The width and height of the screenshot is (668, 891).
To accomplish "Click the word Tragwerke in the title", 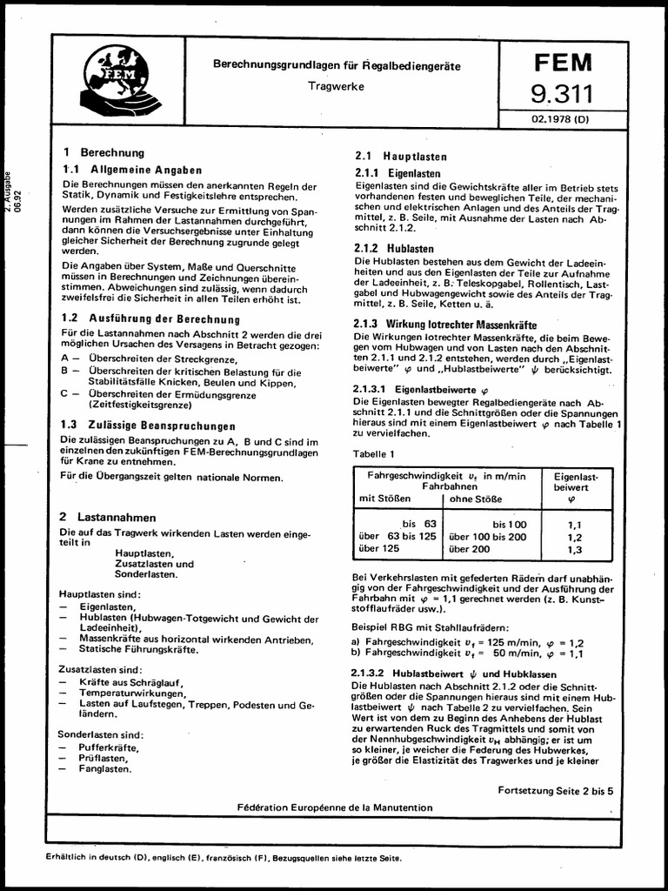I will click(x=336, y=86).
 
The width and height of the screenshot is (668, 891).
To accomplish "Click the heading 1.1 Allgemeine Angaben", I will click(x=132, y=171).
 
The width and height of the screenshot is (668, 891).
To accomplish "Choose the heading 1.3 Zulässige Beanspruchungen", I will click(x=148, y=426).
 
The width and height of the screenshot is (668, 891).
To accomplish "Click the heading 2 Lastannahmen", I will click(x=108, y=517).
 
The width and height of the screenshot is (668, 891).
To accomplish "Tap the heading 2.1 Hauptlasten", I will click(x=401, y=157).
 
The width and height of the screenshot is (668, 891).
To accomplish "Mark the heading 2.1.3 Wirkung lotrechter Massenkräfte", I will click(x=445, y=324).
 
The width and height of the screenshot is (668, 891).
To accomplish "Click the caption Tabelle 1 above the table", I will click(x=373, y=454).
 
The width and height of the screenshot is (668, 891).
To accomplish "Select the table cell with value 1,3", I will click(x=575, y=550).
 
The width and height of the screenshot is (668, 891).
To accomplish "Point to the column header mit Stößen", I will click(x=385, y=499).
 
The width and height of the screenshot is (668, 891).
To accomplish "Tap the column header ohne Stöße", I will click(x=476, y=499).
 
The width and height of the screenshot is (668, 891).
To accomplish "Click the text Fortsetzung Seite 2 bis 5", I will click(x=556, y=791).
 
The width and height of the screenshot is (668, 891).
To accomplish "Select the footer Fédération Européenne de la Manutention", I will click(x=334, y=807).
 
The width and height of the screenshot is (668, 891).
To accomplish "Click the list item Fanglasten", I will click(x=105, y=769).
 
